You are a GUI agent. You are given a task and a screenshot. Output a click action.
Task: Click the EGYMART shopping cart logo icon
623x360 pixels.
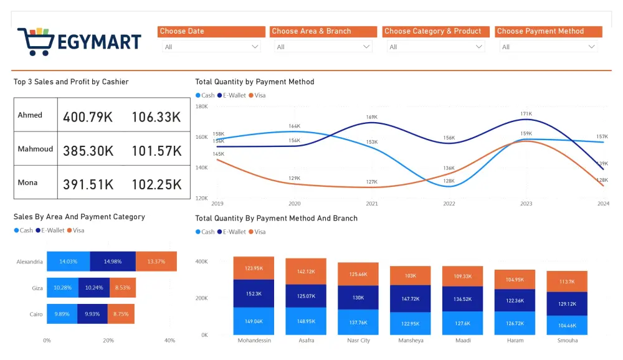click(36, 42)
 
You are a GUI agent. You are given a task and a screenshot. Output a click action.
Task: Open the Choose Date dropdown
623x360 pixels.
click(210, 47)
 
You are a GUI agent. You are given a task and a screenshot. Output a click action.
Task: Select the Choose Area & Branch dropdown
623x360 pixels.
click(322, 47)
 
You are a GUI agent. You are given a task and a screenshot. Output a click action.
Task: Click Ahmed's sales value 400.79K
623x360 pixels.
click(88, 116)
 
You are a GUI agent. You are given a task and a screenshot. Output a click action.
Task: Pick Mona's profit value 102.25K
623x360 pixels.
click(156, 184)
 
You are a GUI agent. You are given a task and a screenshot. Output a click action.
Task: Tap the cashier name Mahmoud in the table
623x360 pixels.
click(36, 149)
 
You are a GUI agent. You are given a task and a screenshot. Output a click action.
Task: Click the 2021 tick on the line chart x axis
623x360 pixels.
click(372, 204)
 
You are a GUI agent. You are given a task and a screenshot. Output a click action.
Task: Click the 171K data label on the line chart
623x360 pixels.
click(526, 114)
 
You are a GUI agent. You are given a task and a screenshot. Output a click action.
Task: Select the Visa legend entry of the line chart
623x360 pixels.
click(257, 95)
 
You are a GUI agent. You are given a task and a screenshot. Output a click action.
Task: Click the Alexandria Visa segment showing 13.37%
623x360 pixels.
click(156, 262)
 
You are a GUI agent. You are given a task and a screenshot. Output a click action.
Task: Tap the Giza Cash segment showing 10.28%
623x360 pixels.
click(62, 288)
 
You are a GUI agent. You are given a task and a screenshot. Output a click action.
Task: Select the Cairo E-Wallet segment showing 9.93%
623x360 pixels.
click(92, 314)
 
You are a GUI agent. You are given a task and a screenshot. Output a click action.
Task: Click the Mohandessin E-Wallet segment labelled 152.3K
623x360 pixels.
click(254, 293)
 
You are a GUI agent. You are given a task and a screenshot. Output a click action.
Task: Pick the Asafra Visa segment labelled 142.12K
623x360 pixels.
click(306, 272)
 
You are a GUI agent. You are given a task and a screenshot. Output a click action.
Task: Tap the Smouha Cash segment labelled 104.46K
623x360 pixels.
click(567, 325)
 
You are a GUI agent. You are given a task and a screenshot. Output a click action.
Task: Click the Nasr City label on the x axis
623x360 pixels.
click(358, 341)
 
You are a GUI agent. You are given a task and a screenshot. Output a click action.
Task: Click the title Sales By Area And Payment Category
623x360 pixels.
click(79, 217)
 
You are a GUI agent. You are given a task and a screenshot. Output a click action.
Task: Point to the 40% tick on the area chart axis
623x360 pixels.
click(169, 341)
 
